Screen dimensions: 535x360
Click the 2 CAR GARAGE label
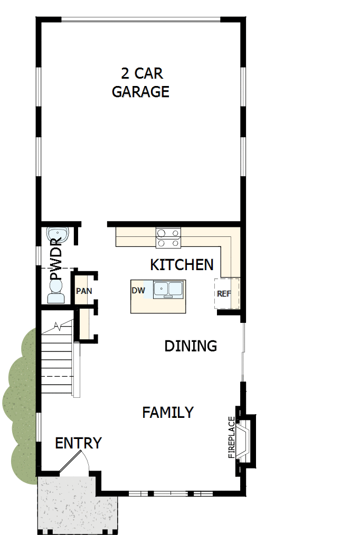click(x=140, y=83)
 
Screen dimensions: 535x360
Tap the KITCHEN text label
click(x=182, y=265)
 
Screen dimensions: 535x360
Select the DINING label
click(x=191, y=346)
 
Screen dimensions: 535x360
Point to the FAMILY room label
click(x=168, y=412)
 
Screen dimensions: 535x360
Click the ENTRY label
click(x=78, y=443)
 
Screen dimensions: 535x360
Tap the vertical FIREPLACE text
click(x=231, y=437)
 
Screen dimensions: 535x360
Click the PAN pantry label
click(x=83, y=291)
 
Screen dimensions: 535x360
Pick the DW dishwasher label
click(x=138, y=290)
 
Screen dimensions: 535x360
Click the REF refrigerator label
click(x=224, y=294)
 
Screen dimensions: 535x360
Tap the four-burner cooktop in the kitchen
click(x=168, y=237)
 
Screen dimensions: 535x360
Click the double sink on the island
click(x=168, y=289)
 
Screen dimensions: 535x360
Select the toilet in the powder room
click(x=55, y=292)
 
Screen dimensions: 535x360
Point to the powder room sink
click(x=55, y=234)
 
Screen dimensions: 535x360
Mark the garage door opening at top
click(x=140, y=20)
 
